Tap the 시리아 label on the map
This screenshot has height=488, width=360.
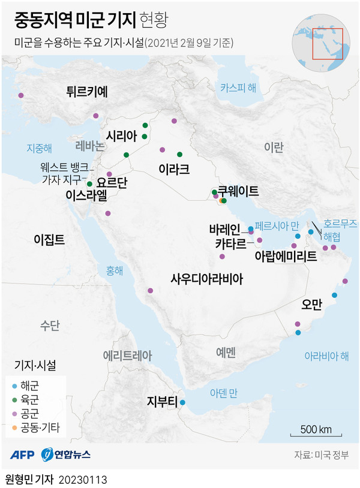click(x=122, y=135)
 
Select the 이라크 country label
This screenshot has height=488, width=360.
click(x=174, y=169)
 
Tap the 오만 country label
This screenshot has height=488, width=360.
click(x=313, y=304)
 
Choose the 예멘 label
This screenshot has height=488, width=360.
click(x=226, y=351)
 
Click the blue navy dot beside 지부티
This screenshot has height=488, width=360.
click(x=183, y=402)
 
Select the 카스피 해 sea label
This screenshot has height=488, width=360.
click(x=238, y=88)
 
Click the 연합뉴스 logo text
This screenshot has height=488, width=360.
click(x=73, y=455)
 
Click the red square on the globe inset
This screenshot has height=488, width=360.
click(x=327, y=44)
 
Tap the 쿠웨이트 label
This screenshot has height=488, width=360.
click(x=238, y=191)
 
